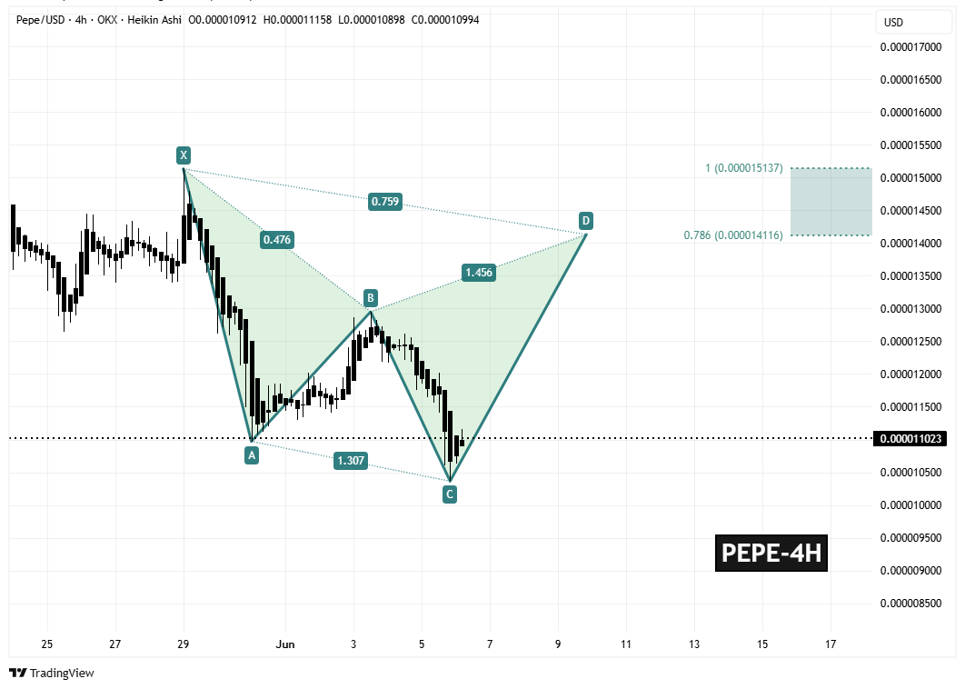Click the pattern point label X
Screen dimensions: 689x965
pos(184,155)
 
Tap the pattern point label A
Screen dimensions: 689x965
pos(252,455)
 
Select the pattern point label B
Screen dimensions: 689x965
pos(370,297)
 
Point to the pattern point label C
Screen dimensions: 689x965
pos(449,494)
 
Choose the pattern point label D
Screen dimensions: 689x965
pos(586,221)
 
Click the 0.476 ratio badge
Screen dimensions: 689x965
pos(276,240)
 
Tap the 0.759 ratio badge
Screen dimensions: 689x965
pos(385,202)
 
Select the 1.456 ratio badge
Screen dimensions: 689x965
pos(479,272)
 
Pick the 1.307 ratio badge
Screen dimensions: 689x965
pos(351,461)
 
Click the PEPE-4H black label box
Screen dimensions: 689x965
pos(771,553)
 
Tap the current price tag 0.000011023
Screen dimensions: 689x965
pos(913,439)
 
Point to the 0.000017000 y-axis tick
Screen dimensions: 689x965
pos(912,47)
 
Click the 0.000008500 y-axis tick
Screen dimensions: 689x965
pos(912,603)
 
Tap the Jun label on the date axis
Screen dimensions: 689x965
pos(285,644)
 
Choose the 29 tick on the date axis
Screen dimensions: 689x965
pos(184,644)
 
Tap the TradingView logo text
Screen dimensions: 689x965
pos(62,674)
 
